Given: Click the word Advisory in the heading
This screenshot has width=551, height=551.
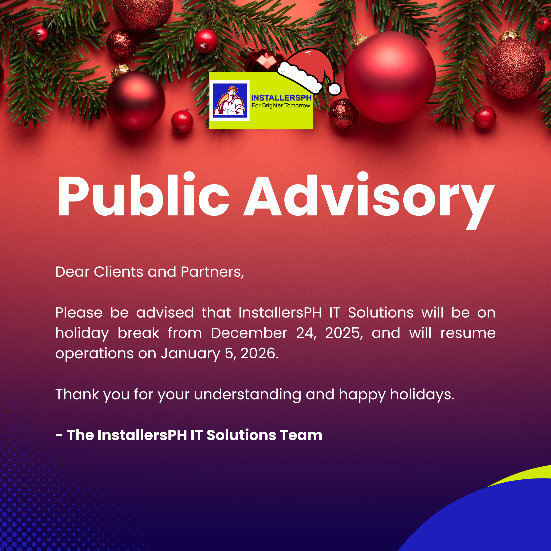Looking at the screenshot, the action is click(369, 201).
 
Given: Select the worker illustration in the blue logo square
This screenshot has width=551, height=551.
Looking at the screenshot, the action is click(229, 100).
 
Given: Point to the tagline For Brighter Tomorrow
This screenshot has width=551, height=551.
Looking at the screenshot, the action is click(281, 105).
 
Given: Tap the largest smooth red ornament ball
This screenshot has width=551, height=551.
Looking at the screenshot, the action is click(390, 77).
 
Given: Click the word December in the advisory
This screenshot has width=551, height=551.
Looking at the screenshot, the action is click(249, 333).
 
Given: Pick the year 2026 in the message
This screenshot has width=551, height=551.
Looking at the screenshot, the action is click(260, 353).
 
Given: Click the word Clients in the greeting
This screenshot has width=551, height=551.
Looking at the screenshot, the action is click(118, 272).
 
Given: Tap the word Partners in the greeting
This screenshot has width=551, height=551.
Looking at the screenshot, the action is click(212, 272).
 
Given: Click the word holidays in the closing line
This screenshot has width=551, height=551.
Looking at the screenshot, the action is click(422, 395).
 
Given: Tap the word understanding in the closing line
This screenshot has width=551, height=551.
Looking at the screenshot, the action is click(248, 395).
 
